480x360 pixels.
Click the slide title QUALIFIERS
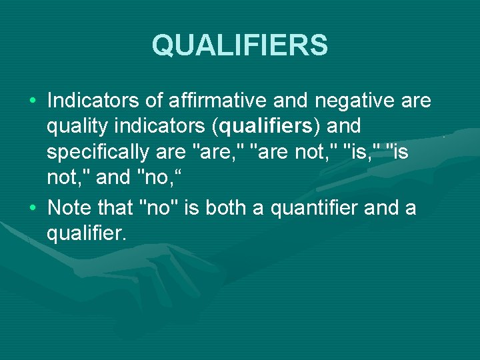[x=240, y=46]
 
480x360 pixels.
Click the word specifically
[x=97, y=152]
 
